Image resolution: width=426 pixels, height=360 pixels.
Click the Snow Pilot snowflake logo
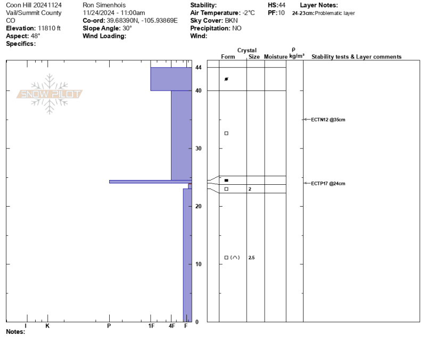click(x=50, y=94)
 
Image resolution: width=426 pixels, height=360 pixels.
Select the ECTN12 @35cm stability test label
click(x=328, y=119)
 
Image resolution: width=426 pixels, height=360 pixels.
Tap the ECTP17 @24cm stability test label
click(x=328, y=183)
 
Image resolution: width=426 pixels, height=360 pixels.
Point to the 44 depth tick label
click(x=198, y=68)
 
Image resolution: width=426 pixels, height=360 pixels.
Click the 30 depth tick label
click(x=198, y=149)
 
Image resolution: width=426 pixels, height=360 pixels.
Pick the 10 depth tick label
click(x=198, y=264)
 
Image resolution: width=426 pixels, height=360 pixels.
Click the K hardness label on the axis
click(x=47, y=326)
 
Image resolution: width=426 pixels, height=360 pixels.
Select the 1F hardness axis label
click(x=151, y=326)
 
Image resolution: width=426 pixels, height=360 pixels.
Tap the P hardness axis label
click(x=109, y=326)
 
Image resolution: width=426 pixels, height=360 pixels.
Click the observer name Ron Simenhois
click(x=104, y=5)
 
